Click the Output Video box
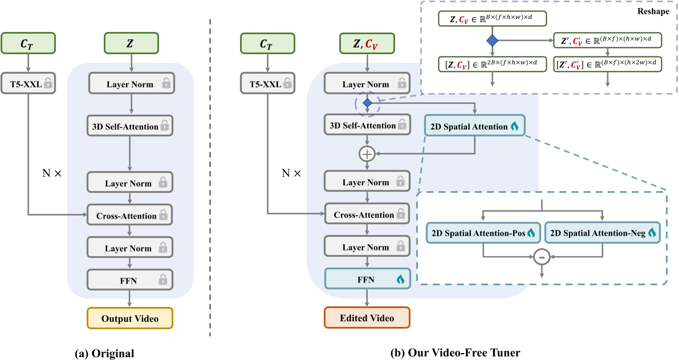click(129, 318)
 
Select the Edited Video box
click(367, 318)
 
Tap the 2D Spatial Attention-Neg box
click(602, 233)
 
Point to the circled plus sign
click(367, 153)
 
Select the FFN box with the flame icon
click(367, 279)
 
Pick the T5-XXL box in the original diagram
click(29, 84)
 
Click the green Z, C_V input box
click(367, 42)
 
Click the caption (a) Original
click(104, 353)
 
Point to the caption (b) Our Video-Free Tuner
click(455, 353)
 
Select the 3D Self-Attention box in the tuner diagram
click(367, 126)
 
